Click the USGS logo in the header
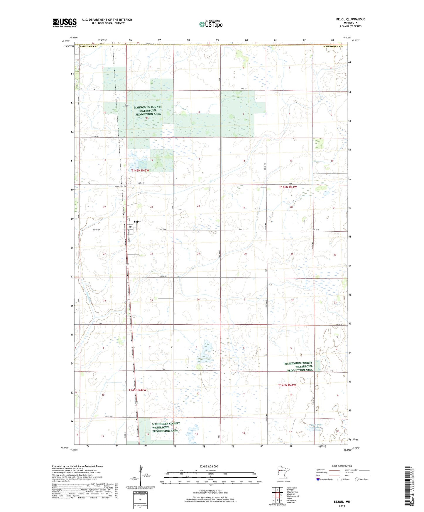click(65, 23)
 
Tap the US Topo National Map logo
click(211, 24)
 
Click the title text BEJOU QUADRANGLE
click(351, 19)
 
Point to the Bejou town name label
click(137, 221)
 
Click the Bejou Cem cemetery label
click(119, 187)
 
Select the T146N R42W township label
click(140, 170)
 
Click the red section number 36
click(198, 299)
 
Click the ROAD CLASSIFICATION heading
click(342, 466)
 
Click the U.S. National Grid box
click(140, 499)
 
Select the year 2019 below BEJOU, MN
click(342, 506)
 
